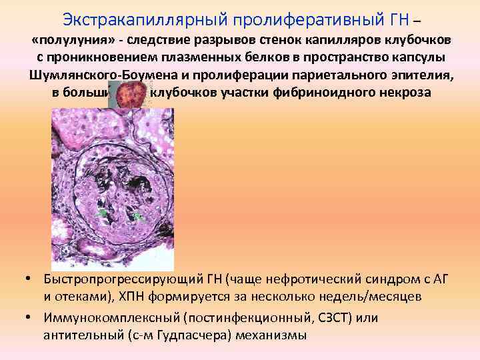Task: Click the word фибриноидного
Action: (x=319, y=91)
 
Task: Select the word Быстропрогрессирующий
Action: (x=121, y=277)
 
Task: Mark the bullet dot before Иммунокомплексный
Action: (x=30, y=316)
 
